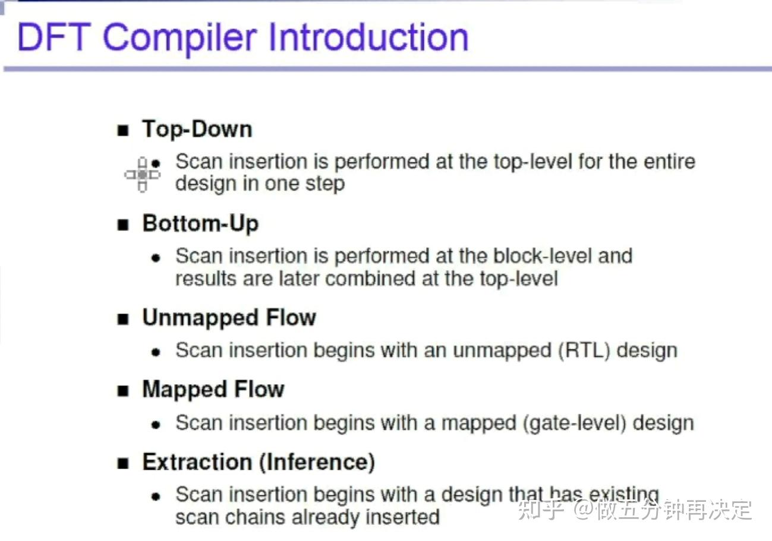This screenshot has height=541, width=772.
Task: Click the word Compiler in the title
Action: coord(180,38)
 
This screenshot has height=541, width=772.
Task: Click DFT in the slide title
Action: coord(54,37)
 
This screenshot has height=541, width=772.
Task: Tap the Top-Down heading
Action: coord(197,129)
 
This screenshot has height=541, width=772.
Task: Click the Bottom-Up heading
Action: coord(201,223)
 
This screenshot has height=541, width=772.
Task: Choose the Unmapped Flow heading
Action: coord(229,318)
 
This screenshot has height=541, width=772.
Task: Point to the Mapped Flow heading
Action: coord(213,390)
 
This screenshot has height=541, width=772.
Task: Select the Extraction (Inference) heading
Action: coord(259,462)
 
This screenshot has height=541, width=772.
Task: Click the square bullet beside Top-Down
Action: coord(123,131)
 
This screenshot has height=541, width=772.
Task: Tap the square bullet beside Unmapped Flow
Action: coord(123,319)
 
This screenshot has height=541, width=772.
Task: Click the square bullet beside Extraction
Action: coord(123,464)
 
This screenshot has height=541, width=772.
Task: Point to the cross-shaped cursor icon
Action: coord(143,175)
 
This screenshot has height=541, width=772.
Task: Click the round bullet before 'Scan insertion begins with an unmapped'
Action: coord(156,352)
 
